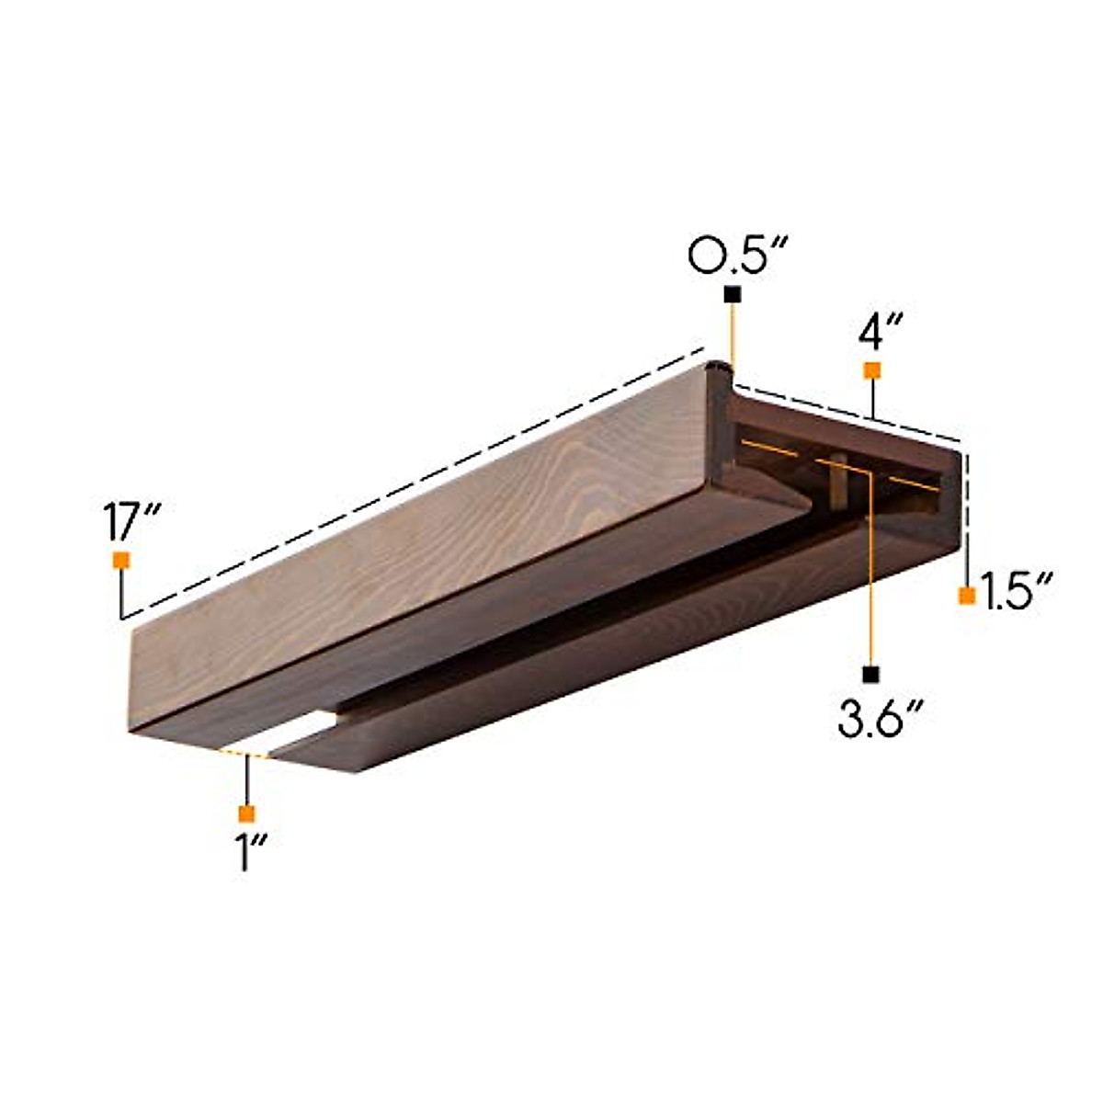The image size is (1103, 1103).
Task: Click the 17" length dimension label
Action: point(132,521)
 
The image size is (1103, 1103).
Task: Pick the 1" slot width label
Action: point(252,851)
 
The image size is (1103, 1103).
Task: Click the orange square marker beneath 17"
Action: point(121,561)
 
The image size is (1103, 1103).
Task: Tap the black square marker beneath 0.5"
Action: point(733,294)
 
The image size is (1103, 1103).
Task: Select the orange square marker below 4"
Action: point(872,371)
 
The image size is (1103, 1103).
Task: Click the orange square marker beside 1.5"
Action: point(967,596)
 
